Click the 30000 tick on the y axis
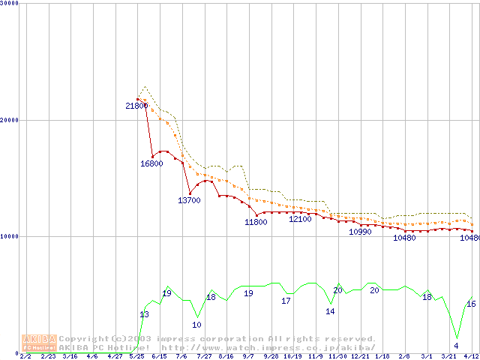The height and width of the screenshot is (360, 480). (10, 4)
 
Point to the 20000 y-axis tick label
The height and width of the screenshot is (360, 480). (10, 120)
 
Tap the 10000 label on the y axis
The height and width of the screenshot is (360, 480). (10, 236)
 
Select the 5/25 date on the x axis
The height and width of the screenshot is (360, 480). (136, 357)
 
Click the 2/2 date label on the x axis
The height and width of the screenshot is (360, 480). (25, 357)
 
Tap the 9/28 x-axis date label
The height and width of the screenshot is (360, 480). (271, 357)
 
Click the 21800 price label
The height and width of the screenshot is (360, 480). (136, 106)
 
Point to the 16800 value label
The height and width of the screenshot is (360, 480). (151, 163)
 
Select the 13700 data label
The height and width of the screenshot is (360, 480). (189, 201)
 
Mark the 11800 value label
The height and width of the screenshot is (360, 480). (256, 223)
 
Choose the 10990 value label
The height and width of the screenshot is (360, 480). (360, 232)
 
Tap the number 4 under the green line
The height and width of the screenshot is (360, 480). (456, 346)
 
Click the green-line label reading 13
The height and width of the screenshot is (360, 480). (144, 315)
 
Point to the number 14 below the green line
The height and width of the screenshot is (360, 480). (330, 311)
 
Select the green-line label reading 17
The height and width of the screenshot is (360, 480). (286, 301)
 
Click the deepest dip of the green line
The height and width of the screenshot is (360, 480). (457, 337)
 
